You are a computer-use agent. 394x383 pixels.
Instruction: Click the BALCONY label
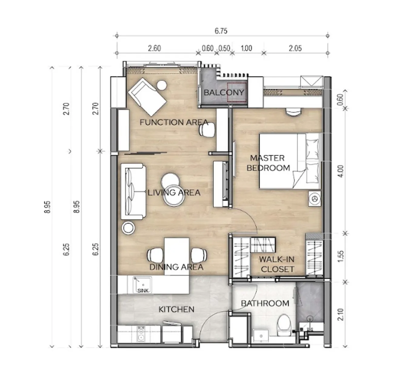[224, 93]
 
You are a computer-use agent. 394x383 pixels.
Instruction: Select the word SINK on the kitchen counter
[143, 290]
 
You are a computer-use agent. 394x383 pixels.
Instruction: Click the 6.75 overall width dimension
[221, 31]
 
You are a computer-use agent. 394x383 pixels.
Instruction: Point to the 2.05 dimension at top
[295, 49]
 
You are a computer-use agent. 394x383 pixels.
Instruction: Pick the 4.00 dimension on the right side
[341, 171]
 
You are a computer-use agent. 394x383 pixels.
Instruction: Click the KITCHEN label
[176, 309]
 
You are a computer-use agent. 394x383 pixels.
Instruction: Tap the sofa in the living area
[133, 191]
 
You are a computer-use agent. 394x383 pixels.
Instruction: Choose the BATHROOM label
[265, 303]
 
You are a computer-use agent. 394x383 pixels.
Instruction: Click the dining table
[177, 256]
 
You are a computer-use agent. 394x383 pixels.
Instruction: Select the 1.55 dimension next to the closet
[341, 256]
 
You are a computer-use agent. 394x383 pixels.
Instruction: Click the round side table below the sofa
[129, 228]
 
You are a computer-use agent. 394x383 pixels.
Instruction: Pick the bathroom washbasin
[261, 336]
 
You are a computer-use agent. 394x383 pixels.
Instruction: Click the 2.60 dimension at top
[154, 49]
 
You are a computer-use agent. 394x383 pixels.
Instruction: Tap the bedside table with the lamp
[314, 198]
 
